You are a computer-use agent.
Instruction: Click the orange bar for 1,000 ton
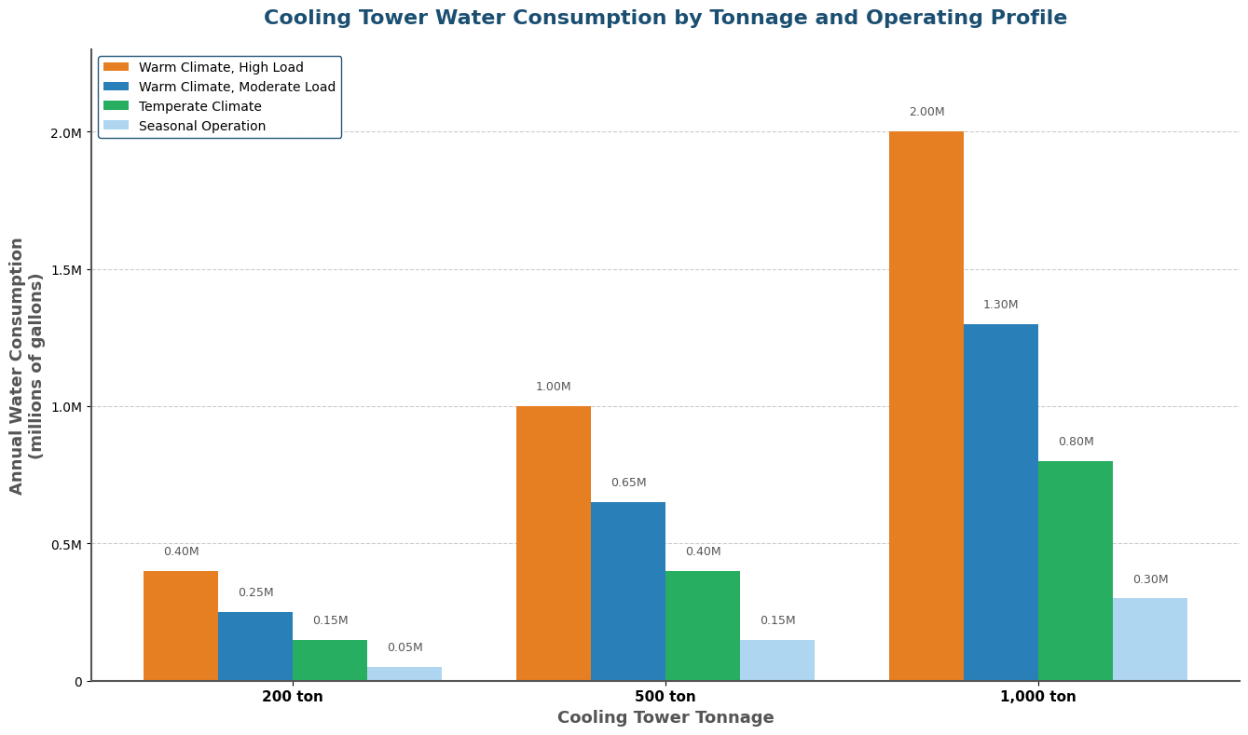coord(926,406)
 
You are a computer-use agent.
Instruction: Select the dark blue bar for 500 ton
coord(627,592)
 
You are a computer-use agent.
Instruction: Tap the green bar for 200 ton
coord(329,660)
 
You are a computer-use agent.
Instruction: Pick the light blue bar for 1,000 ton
coord(1149,639)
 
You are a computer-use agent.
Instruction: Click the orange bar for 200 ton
coord(180,626)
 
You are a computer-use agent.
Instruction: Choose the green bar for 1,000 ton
coord(1075,571)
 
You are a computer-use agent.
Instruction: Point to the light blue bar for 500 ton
coord(776,660)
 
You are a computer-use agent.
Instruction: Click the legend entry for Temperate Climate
coord(199,106)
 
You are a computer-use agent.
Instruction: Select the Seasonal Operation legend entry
coord(201,126)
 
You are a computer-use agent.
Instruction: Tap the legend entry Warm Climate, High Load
coord(220,67)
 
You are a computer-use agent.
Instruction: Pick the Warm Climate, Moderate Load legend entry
coord(237,87)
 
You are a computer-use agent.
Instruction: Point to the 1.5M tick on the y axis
coord(65,270)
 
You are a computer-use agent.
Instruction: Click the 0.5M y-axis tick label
coord(65,544)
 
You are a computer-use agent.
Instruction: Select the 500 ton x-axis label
coord(665,697)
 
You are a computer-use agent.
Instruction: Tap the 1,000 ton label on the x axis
coord(1037,697)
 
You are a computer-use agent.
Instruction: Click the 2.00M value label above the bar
coord(926,112)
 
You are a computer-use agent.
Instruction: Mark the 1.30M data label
coord(1000,305)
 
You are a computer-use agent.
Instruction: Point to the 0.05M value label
coord(405,647)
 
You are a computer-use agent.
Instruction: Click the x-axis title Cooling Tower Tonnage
coord(665,718)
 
